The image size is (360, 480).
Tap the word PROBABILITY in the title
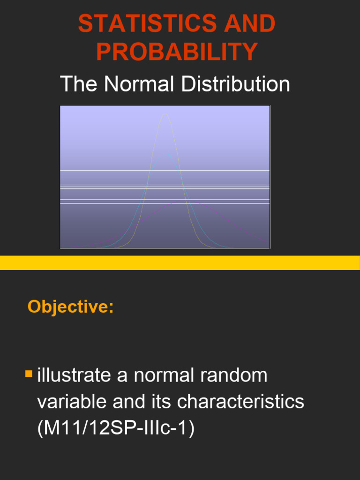(177, 52)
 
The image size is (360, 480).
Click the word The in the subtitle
(78, 84)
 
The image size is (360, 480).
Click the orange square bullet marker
(29, 374)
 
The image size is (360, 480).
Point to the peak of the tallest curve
(165, 113)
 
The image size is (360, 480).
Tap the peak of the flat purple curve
(180, 201)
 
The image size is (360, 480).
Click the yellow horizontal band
(180, 263)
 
